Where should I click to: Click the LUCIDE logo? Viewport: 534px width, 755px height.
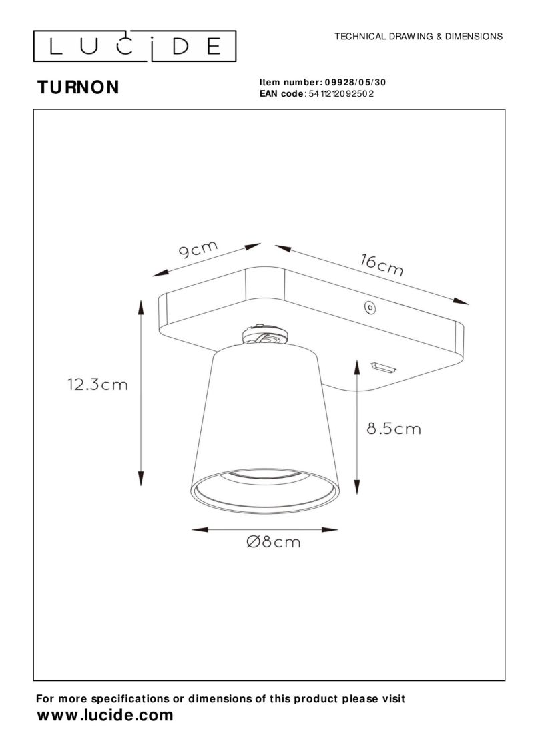[x=135, y=45]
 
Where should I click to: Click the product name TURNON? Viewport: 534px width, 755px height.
[x=78, y=87]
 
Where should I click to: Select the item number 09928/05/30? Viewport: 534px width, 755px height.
[x=355, y=83]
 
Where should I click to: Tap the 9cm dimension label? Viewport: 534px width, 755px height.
[x=198, y=250]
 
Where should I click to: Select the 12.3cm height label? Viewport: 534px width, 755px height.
[x=97, y=385]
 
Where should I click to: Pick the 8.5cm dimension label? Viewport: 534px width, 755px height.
[x=394, y=429]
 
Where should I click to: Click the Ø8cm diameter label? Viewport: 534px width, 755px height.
[x=273, y=542]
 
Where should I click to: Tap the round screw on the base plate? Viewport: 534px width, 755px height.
[x=368, y=308]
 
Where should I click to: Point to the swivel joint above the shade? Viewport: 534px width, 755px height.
[x=266, y=335]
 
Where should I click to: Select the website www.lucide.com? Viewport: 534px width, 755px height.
[x=105, y=716]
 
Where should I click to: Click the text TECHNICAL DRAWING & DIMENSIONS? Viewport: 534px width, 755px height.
[x=419, y=36]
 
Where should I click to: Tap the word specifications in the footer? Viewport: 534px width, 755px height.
[x=129, y=699]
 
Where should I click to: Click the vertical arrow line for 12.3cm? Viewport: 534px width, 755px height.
[x=141, y=394]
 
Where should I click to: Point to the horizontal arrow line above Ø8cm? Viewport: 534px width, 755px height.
[x=265, y=530]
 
